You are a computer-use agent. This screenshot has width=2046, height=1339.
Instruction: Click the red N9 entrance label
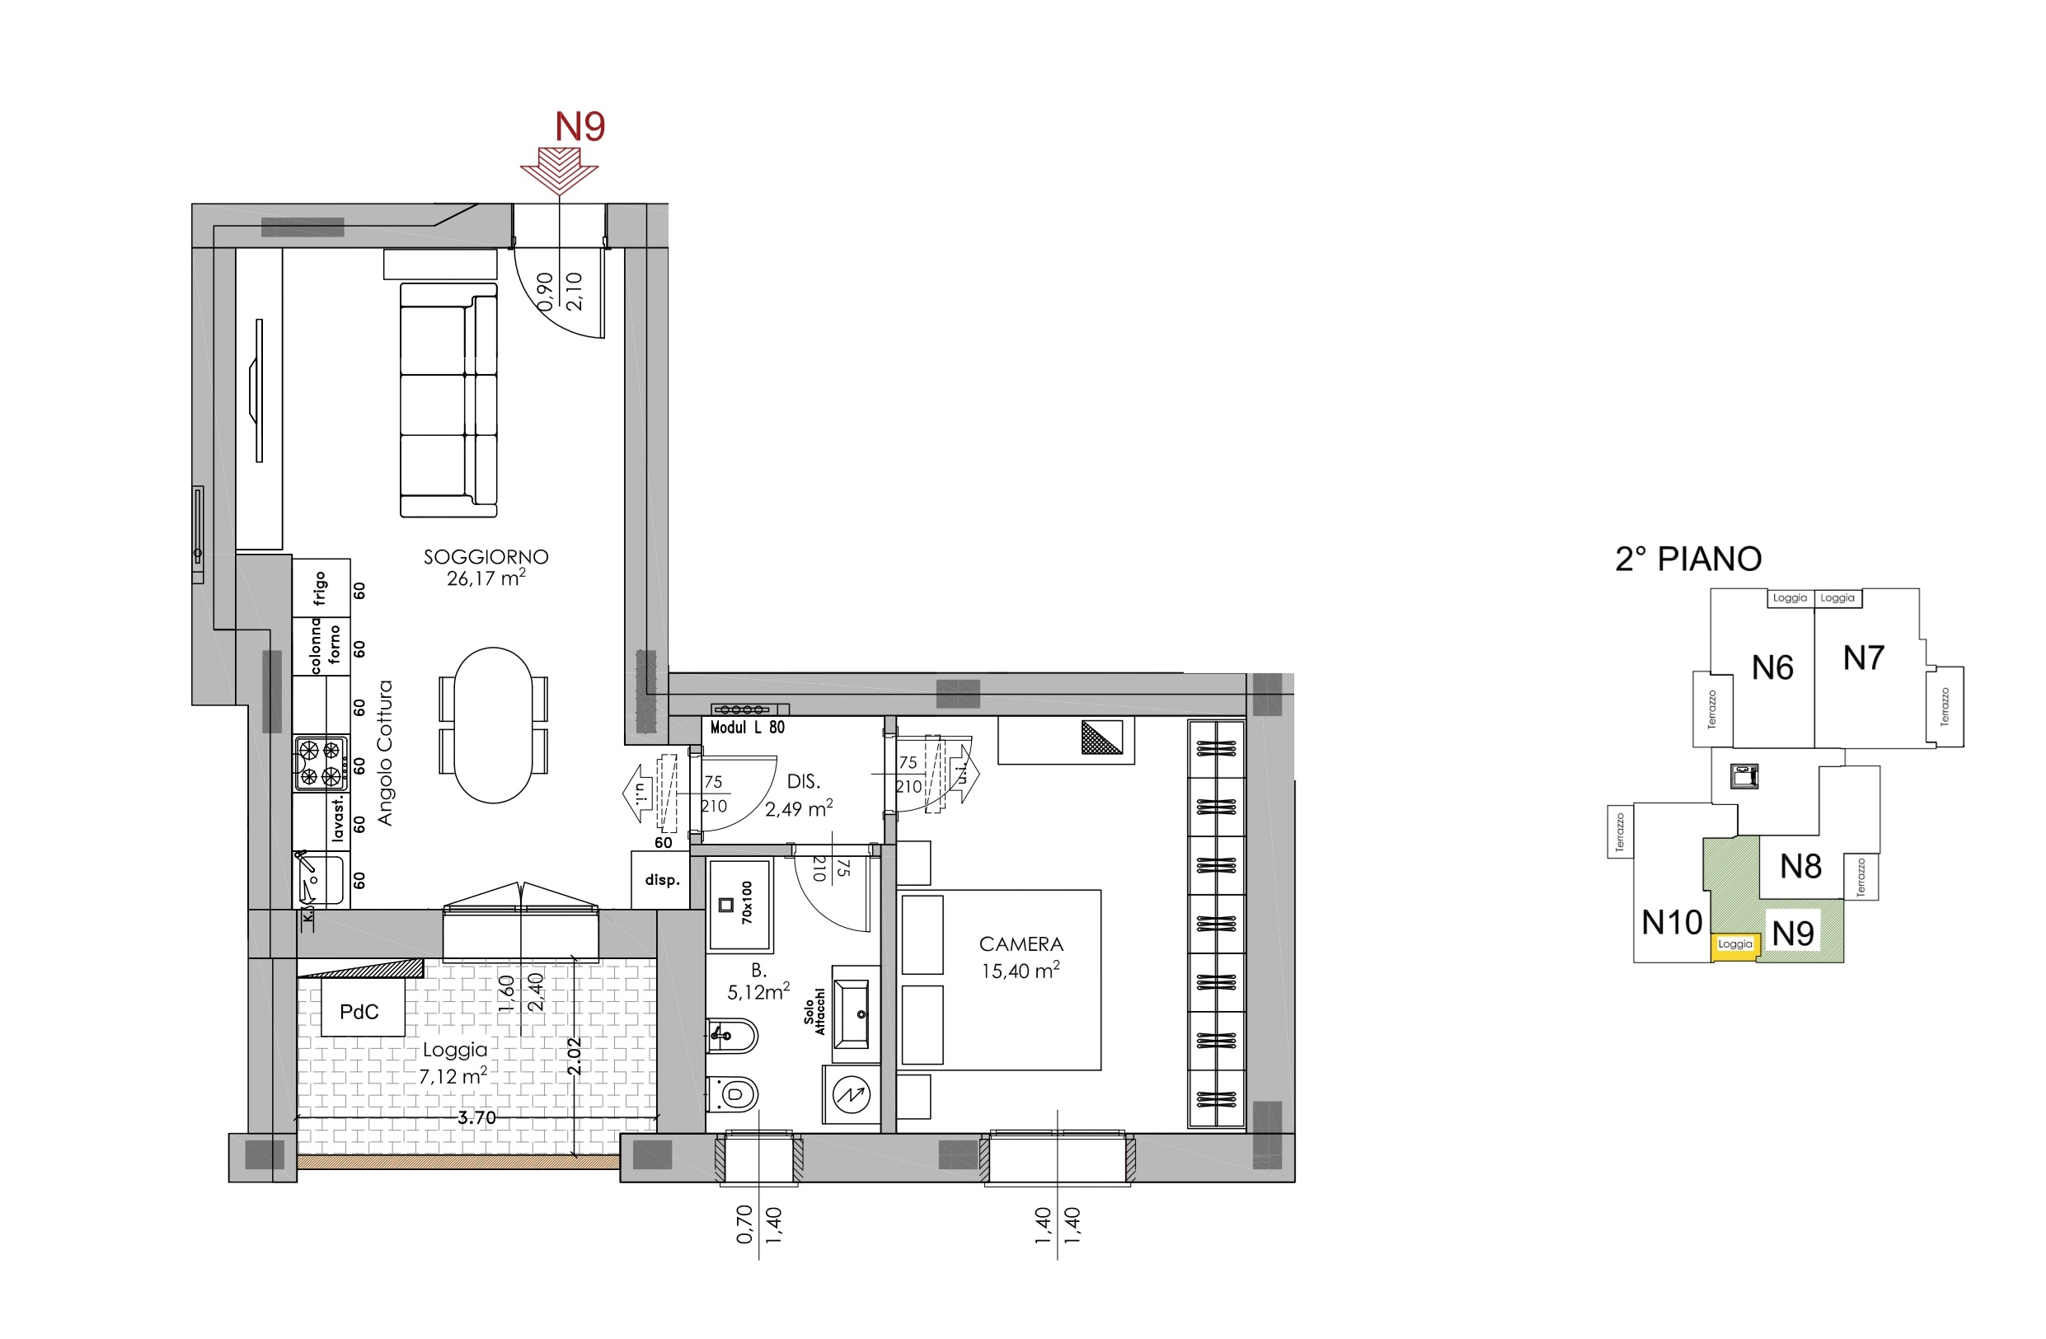pyautogui.click(x=580, y=126)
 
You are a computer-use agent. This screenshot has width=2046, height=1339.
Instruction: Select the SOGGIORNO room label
pyautogui.click(x=486, y=557)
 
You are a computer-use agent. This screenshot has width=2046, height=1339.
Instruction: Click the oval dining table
pyautogui.click(x=494, y=724)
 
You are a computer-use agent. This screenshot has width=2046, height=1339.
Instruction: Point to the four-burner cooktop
pyautogui.click(x=321, y=763)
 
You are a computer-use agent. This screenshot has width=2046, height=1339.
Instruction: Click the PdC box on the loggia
pyautogui.click(x=359, y=1012)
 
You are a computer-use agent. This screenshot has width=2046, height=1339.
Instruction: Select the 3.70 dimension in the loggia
pyautogui.click(x=476, y=1117)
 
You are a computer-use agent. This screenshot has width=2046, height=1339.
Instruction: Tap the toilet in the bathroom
pyautogui.click(x=733, y=1094)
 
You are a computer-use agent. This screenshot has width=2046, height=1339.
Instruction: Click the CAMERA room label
pyautogui.click(x=1021, y=943)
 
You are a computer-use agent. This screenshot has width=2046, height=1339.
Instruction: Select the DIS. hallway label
pyautogui.click(x=804, y=781)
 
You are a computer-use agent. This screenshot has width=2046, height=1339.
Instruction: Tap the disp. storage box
pyautogui.click(x=661, y=880)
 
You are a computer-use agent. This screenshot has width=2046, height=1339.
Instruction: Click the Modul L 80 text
pyautogui.click(x=747, y=727)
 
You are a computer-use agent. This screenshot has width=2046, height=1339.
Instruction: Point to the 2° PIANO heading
pyautogui.click(x=1688, y=559)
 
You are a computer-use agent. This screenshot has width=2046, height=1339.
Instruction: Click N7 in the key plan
pyautogui.click(x=1864, y=658)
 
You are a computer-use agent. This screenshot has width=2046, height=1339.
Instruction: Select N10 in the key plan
pyautogui.click(x=1672, y=922)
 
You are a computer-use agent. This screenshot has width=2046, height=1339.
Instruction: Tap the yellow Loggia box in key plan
pyautogui.click(x=1734, y=944)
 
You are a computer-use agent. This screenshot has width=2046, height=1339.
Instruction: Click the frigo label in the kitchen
pyautogui.click(x=321, y=588)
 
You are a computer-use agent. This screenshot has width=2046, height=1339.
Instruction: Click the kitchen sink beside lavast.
pyautogui.click(x=320, y=879)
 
